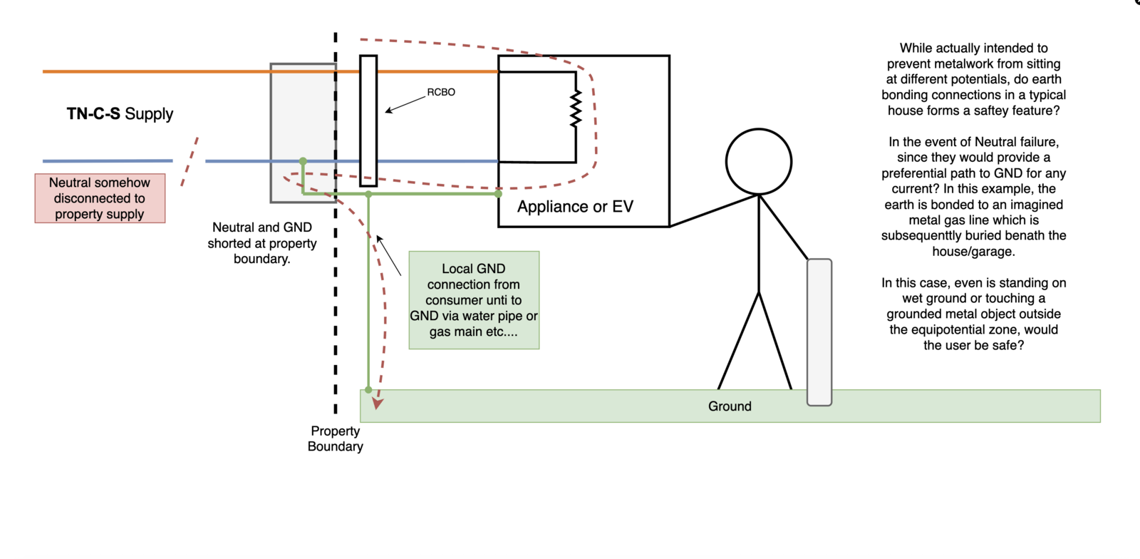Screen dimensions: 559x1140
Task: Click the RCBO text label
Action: pos(441,92)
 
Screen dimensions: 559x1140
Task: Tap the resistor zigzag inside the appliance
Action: pos(576,109)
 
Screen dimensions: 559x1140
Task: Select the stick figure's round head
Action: pos(759,161)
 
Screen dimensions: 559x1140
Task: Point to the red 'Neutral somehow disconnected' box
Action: pos(100,198)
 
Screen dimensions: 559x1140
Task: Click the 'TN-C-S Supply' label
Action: pos(120,114)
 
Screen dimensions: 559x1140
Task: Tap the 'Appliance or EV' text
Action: pos(575,207)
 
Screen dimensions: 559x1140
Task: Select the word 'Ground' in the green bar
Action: pos(730,406)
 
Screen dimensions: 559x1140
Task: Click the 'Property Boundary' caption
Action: pos(335,439)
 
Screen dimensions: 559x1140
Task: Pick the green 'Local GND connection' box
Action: pos(474,300)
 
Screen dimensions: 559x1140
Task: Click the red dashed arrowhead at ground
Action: pos(378,404)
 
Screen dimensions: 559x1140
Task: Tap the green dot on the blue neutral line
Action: pos(303,161)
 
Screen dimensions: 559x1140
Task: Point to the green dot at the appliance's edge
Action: pos(498,193)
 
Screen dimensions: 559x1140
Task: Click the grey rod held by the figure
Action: pos(819,332)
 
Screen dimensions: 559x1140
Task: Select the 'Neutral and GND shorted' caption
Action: pos(262,243)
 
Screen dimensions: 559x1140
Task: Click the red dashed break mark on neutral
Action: pos(190,162)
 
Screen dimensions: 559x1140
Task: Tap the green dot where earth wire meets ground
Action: pos(368,390)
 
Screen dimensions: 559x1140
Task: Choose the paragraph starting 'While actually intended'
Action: pos(973,79)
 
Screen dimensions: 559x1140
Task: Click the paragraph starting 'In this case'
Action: pos(973,314)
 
